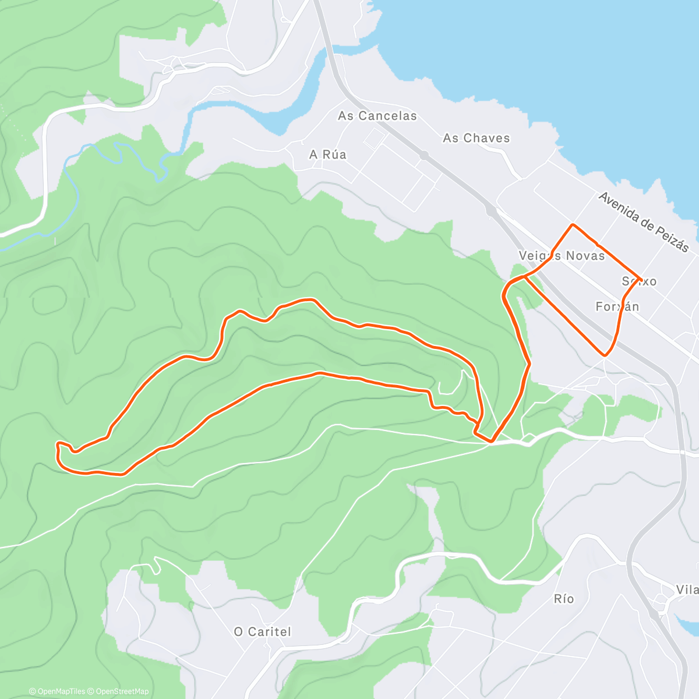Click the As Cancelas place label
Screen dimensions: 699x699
(377, 116)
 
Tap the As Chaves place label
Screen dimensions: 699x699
(476, 138)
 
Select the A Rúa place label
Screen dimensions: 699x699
(328, 154)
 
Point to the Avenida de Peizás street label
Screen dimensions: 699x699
(644, 222)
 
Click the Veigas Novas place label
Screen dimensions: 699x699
(562, 256)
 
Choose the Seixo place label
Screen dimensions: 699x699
(639, 281)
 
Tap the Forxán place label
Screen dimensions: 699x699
(617, 306)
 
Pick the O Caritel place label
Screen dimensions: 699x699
(262, 631)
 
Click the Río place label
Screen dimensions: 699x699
(564, 599)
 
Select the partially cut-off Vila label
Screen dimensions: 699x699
(687, 590)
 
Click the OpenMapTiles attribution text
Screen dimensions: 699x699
(57, 691)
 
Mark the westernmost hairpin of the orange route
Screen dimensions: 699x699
(58, 446)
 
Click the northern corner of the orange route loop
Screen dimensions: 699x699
(573, 225)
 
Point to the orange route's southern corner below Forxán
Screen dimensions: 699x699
(606, 354)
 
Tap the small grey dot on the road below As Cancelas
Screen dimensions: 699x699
(424, 156)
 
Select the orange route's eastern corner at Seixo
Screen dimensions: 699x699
(641, 279)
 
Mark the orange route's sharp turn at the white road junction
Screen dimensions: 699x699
(492, 442)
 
